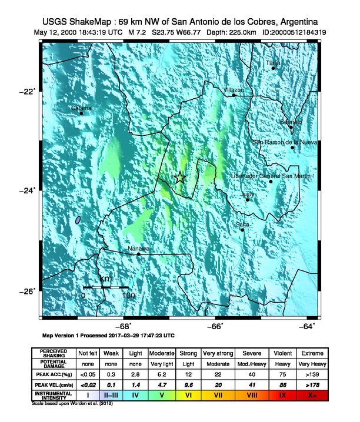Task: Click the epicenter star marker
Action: tap(180, 178)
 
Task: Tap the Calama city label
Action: tap(81, 108)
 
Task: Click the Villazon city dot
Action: tap(234, 95)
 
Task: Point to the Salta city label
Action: tap(242, 225)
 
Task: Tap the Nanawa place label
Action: tap(139, 249)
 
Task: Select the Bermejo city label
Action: tap(291, 122)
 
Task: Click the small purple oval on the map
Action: tap(78, 220)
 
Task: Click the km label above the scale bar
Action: tap(106, 279)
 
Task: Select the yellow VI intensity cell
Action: tap(188, 396)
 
